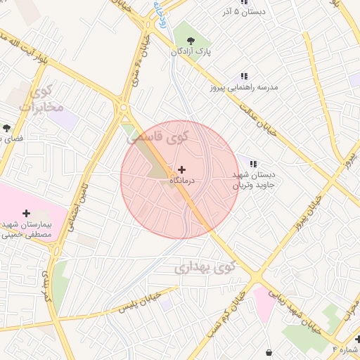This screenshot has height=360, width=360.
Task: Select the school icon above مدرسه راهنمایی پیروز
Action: coord(244,76)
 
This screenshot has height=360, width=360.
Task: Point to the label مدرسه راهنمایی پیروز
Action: coord(244,87)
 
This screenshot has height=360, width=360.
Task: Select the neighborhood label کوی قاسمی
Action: coord(157,137)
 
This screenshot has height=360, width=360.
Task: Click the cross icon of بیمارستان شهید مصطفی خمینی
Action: coord(27,212)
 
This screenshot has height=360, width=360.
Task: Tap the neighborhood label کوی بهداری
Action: coord(204,268)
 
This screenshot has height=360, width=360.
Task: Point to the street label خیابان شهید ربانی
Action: coord(308,312)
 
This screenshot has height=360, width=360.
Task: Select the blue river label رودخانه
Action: coord(160,13)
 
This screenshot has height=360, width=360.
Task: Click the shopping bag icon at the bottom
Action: coord(269,352)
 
